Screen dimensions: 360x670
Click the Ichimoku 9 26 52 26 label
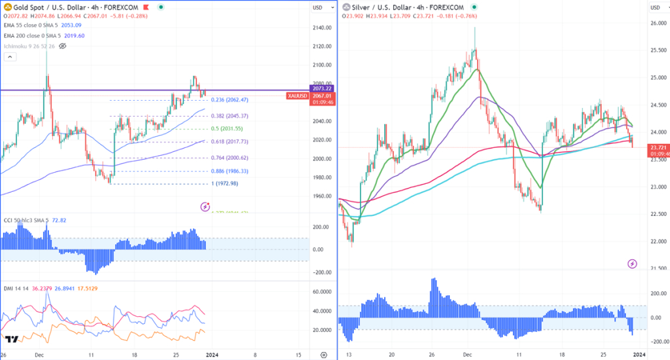click(29, 46)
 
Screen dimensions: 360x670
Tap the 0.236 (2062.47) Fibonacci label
click(230, 100)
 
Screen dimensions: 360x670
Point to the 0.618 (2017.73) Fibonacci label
click(230, 141)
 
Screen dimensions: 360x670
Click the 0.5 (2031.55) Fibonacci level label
click(227, 129)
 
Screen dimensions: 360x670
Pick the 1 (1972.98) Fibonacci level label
click(226, 184)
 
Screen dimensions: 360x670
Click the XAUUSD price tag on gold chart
click(296, 96)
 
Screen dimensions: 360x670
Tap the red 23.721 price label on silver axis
click(658, 148)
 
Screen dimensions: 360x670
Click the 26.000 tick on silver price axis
click(657, 24)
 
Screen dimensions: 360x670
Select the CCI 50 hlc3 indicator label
click(26, 221)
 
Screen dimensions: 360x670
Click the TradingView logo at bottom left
click(11, 340)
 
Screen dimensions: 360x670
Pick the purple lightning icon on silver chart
click(632, 264)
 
